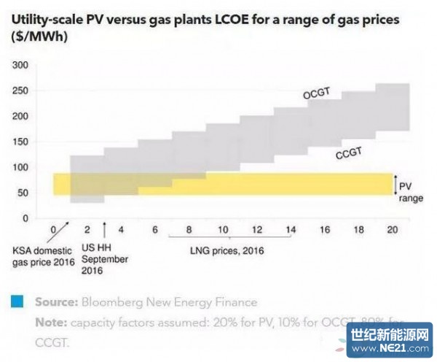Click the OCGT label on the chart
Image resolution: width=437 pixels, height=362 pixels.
pyautogui.click(x=318, y=95)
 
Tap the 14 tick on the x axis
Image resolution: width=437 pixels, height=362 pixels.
pyautogui.click(x=291, y=230)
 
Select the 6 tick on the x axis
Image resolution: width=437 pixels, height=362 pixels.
pyautogui.click(x=154, y=230)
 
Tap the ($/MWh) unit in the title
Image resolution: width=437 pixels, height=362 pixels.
pyautogui.click(x=38, y=36)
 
